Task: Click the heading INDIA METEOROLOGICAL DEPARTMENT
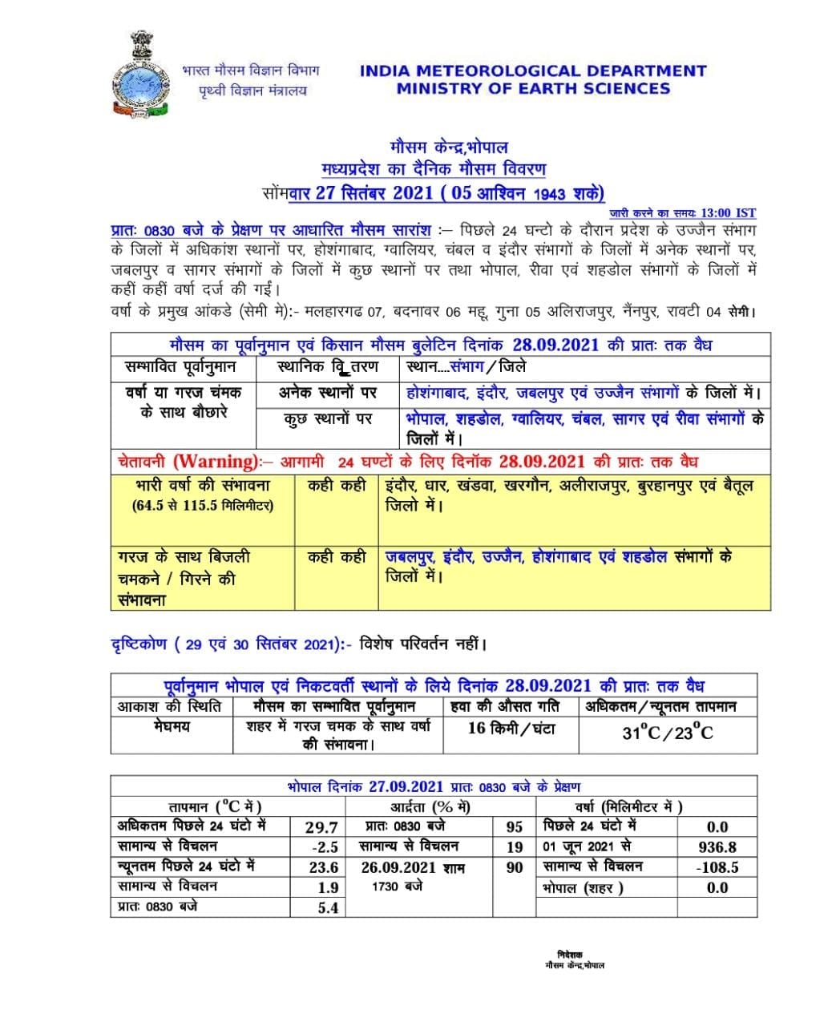[533, 71]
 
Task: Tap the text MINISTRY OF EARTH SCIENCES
[533, 89]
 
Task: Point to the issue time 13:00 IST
[728, 212]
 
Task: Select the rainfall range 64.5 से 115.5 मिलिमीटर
[203, 506]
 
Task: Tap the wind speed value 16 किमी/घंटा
[511, 729]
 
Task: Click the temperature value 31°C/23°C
[668, 732]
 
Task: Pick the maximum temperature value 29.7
[321, 826]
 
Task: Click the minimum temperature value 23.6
[323, 867]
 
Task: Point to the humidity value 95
[515, 826]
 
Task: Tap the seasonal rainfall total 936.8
[717, 846]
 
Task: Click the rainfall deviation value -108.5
[717, 867]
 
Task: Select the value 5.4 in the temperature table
[328, 907]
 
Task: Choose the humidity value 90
[515, 867]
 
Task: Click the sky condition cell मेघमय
[172, 726]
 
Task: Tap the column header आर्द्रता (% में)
[430, 806]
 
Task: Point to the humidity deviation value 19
[515, 846]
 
